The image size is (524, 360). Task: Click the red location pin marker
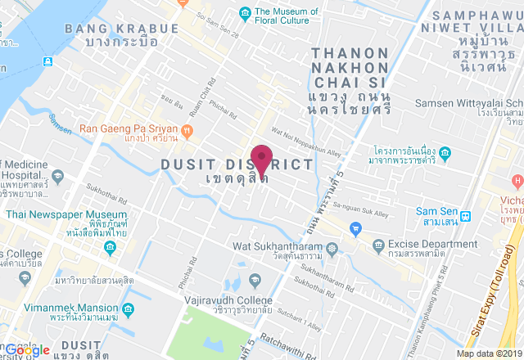261,157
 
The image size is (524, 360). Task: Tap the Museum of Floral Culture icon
244,12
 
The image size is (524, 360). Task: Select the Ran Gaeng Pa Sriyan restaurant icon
189,128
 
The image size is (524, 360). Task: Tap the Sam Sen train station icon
466,217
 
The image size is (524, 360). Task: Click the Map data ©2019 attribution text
488,353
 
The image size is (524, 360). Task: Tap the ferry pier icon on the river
48,61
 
